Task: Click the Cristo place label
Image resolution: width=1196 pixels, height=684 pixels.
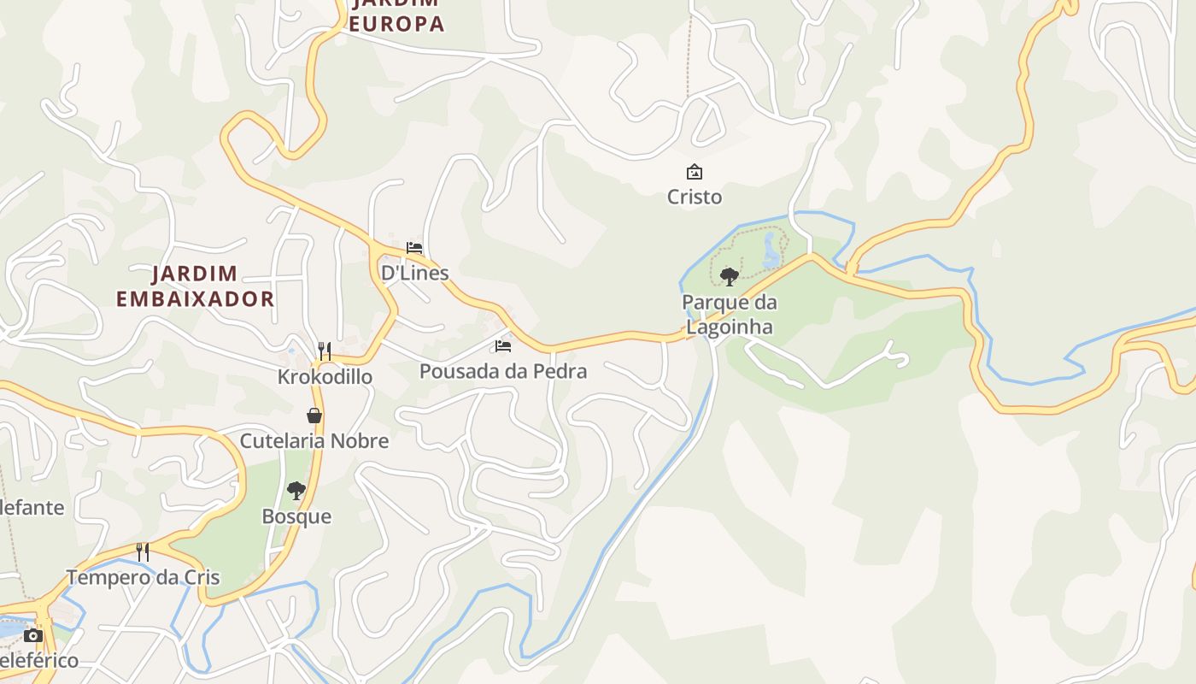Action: [694, 198]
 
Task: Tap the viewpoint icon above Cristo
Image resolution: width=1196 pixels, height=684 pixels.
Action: [695, 172]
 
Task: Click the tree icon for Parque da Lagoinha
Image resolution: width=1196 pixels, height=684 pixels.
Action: [729, 276]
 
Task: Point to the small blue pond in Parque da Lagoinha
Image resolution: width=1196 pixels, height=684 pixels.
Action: [771, 251]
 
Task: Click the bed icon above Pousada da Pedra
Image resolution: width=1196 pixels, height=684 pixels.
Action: [503, 346]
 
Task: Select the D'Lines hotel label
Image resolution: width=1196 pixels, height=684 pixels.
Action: [414, 274]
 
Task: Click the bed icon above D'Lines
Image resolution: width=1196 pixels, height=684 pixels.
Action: [414, 248]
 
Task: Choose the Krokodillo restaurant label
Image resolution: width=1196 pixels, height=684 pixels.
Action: [325, 377]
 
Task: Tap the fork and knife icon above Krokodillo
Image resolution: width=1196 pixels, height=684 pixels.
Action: [325, 351]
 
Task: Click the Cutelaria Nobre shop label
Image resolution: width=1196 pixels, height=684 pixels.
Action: [314, 441]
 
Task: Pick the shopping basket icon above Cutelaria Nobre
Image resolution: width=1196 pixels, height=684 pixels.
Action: [314, 416]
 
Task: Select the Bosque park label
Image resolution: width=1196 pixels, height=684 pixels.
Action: [296, 517]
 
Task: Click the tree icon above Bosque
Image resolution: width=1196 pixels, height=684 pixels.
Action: [296, 491]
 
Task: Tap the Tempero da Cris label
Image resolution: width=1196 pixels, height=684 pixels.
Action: [143, 578]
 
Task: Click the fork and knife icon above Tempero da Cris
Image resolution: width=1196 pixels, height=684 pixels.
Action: [143, 551]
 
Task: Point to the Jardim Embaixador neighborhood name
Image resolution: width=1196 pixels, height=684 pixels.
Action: [195, 286]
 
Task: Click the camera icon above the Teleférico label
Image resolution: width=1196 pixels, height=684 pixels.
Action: [33, 635]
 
